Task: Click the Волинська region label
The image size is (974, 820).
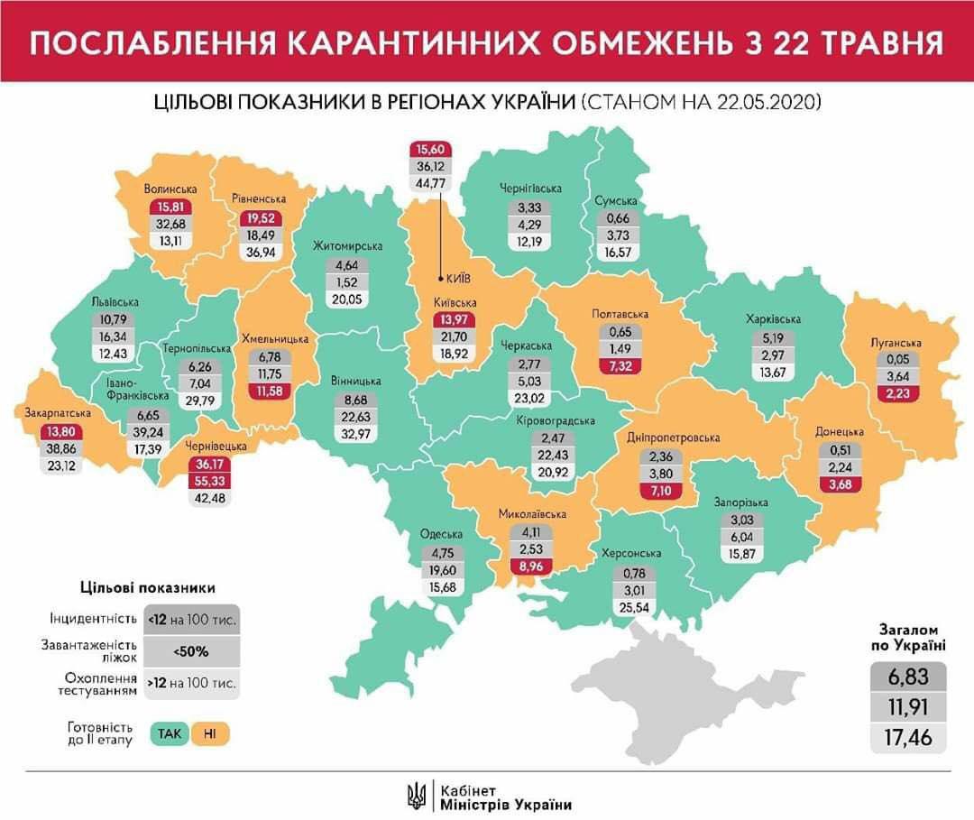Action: tap(170, 189)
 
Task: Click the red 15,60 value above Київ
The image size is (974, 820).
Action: tap(431, 149)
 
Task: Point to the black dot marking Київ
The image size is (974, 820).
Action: tap(439, 278)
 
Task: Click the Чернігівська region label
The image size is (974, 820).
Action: tap(531, 188)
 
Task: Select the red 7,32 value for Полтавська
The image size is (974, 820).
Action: tap(620, 364)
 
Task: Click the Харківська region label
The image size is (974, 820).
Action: tap(773, 319)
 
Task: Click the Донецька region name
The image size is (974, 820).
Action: tap(840, 432)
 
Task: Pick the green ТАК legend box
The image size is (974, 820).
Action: tap(170, 732)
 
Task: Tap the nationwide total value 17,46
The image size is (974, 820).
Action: tap(908, 738)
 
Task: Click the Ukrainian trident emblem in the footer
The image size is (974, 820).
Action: tap(417, 794)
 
